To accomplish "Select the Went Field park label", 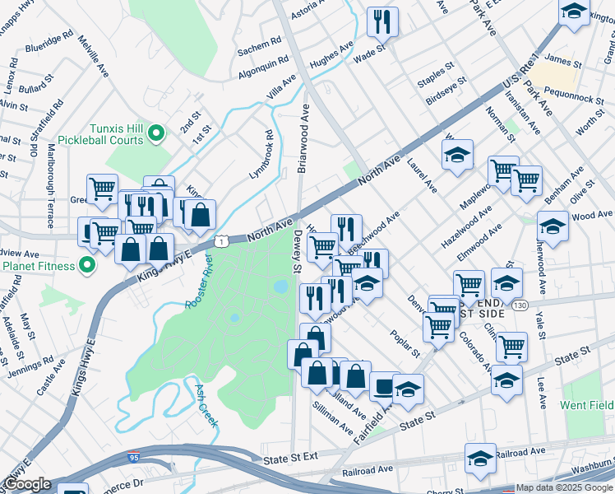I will pos(586,405).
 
